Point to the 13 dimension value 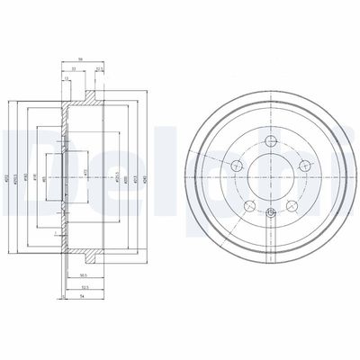pyautogui.click(x=67, y=78)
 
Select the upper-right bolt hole pyautogui.click(x=304, y=164)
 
